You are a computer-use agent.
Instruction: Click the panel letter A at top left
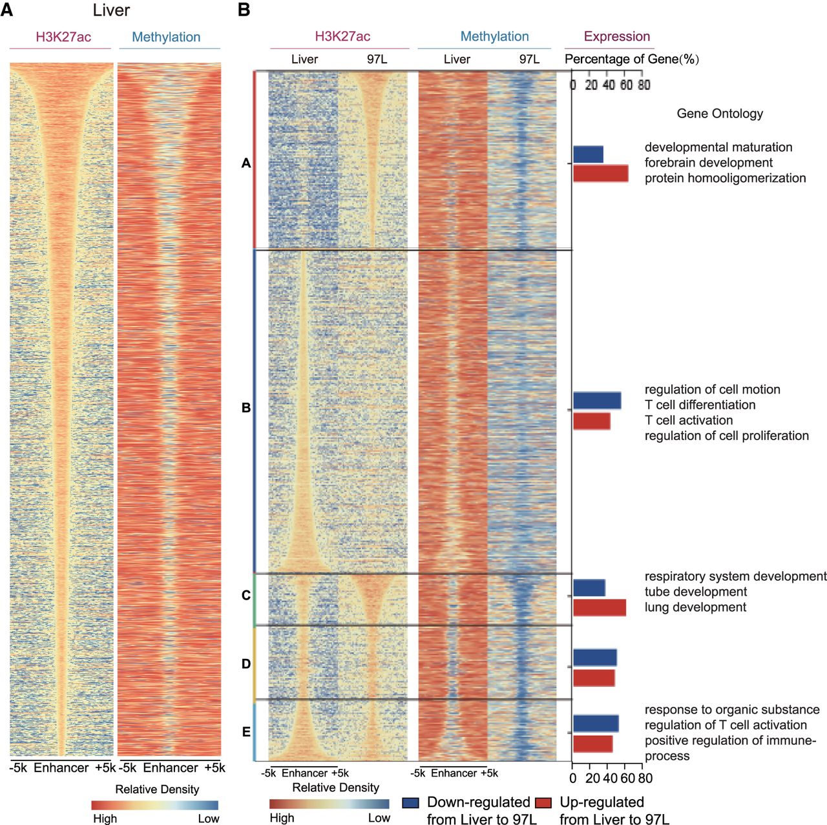[6, 10]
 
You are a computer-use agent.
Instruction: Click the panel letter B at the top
[244, 10]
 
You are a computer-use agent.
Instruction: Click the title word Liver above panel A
[111, 10]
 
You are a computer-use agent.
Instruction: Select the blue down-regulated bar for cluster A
[588, 154]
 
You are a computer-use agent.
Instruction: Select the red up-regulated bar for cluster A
[600, 173]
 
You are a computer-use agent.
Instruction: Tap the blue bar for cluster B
[597, 401]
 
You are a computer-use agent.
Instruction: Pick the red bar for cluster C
[599, 607]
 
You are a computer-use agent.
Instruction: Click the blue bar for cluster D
[594, 658]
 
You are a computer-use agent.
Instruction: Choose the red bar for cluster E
[592, 744]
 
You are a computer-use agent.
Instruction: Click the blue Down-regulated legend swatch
[410, 803]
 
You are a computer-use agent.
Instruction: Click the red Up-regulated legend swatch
[543, 803]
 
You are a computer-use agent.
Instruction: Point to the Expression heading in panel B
[617, 36]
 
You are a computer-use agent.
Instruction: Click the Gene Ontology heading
[720, 114]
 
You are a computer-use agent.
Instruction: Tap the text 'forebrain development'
[708, 163]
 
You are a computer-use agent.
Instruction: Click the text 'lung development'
[695, 607]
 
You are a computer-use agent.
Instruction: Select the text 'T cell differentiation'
[700, 405]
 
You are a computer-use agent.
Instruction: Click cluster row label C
[246, 596]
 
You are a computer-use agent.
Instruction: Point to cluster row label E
[246, 732]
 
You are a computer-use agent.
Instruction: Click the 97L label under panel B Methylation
[529, 59]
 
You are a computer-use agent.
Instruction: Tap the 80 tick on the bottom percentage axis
[645, 778]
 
